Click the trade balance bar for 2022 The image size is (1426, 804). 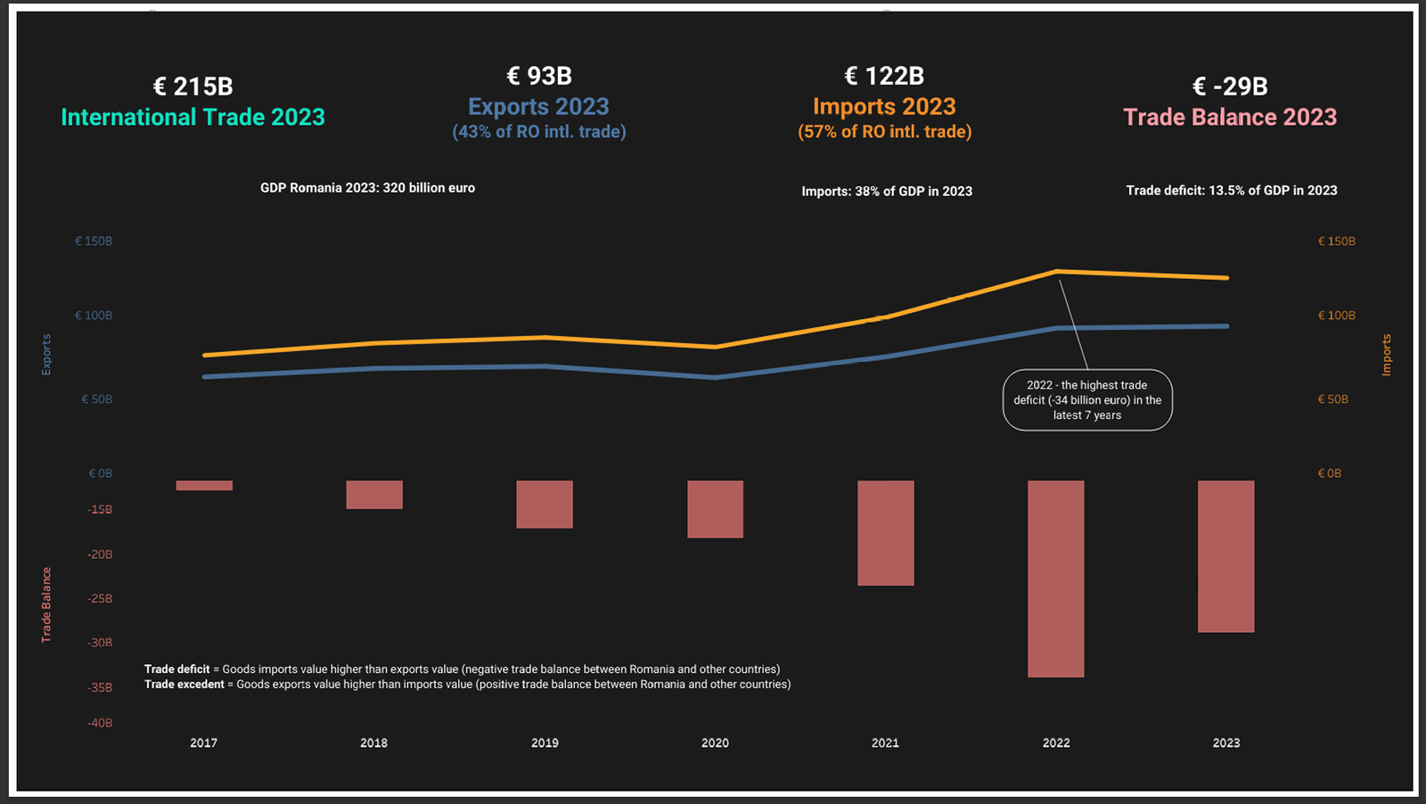(1055, 578)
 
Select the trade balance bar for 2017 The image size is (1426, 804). (204, 486)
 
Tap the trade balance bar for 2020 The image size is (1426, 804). (715, 509)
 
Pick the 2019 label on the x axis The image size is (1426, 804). (545, 742)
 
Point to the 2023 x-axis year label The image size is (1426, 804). (1225, 742)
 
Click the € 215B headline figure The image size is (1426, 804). (193, 86)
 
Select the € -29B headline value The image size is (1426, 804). (1230, 86)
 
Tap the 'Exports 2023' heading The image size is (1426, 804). (538, 107)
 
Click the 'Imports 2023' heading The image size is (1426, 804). (884, 107)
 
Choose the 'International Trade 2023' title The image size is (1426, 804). (193, 117)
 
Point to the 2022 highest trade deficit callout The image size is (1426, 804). (1087, 400)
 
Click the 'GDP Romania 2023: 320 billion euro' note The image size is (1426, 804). (367, 188)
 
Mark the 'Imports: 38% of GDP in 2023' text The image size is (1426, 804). (886, 191)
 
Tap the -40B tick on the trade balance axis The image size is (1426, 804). (100, 723)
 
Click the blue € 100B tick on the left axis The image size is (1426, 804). (94, 316)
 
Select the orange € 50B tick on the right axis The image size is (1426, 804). (1332, 399)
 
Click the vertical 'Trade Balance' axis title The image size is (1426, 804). (46, 604)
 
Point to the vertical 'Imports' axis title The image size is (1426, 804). (1386, 355)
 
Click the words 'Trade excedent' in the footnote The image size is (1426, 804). (184, 685)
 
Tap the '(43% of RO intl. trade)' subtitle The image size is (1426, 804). (538, 132)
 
